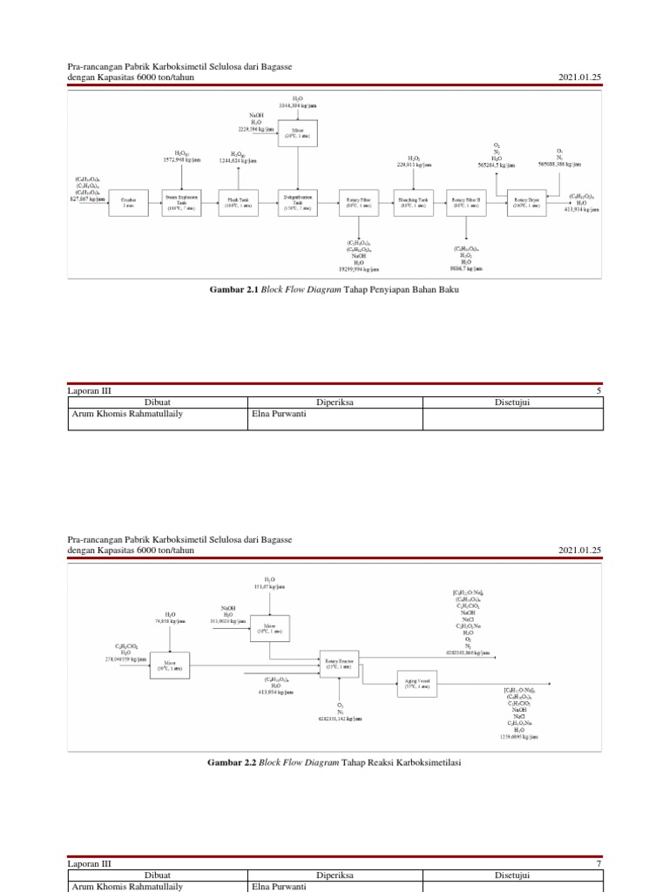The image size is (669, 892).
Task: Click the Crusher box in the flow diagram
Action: point(128,202)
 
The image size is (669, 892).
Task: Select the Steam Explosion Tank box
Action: point(181,202)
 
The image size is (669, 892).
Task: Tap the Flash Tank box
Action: point(238,202)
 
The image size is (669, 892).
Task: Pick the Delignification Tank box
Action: point(298,202)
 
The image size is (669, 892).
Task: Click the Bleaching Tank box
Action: point(413,202)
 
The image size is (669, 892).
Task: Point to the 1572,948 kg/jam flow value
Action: point(181,159)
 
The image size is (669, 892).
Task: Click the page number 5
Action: point(598,391)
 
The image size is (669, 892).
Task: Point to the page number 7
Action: point(598,863)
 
